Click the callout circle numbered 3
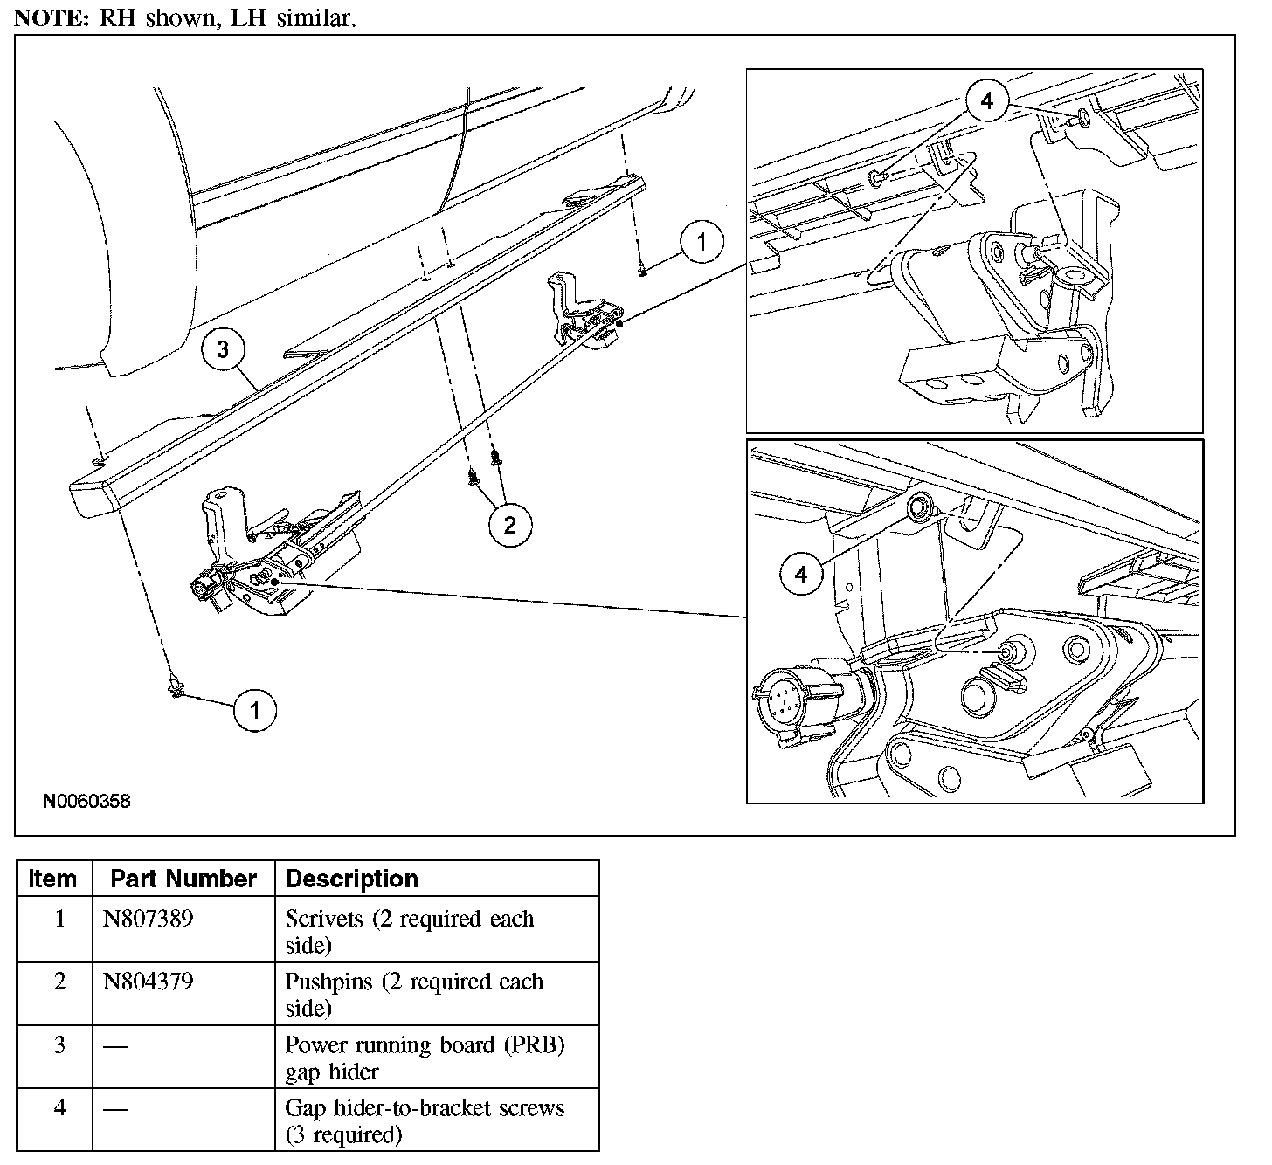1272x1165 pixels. pos(223,349)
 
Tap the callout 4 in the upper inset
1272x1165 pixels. pos(986,101)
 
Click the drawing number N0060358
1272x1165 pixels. pos(86,801)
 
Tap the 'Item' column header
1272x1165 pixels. pos(52,879)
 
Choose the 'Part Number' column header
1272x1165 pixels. pos(183,879)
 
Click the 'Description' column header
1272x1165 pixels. pos(351,879)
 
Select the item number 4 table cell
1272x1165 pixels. pos(59,1108)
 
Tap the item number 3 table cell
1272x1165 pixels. pos(59,1045)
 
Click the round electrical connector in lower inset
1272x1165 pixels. pos(780,695)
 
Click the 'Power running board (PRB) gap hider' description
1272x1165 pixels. pos(425,1058)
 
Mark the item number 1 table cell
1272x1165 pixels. pos(59,920)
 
